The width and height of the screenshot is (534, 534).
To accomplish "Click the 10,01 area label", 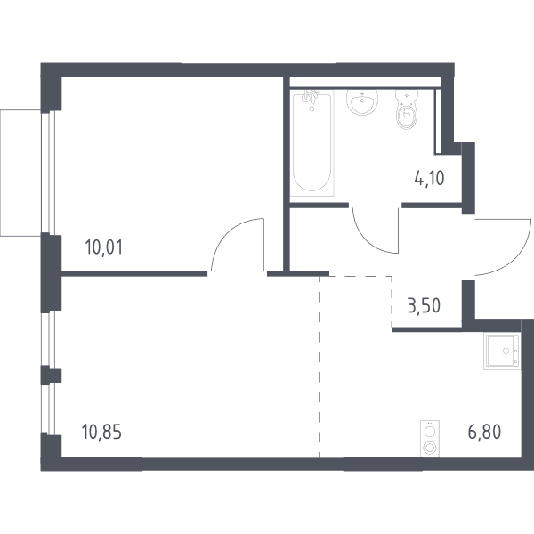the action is point(103,247).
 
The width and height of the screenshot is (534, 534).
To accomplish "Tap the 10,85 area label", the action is point(101,432).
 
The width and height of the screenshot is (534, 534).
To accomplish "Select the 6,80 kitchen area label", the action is point(484,432).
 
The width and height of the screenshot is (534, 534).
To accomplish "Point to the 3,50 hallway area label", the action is point(424,305).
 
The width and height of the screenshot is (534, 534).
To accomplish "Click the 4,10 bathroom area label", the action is point(429,178).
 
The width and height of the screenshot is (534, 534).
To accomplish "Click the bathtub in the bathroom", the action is point(311,143).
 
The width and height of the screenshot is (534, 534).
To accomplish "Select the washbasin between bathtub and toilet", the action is point(362,101).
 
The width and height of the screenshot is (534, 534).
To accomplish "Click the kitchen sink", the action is point(502,352).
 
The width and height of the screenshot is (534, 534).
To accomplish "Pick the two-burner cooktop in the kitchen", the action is point(430,439).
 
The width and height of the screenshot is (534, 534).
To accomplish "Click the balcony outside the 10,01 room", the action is point(20,173).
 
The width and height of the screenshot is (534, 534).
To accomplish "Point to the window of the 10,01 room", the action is point(52,173).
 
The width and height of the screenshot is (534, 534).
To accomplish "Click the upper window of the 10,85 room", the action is point(52,339).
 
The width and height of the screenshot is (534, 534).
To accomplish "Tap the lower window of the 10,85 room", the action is point(52,409).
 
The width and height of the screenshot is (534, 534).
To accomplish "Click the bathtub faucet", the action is point(311,96).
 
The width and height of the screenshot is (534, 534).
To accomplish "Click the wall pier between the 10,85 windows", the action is point(51,376).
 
